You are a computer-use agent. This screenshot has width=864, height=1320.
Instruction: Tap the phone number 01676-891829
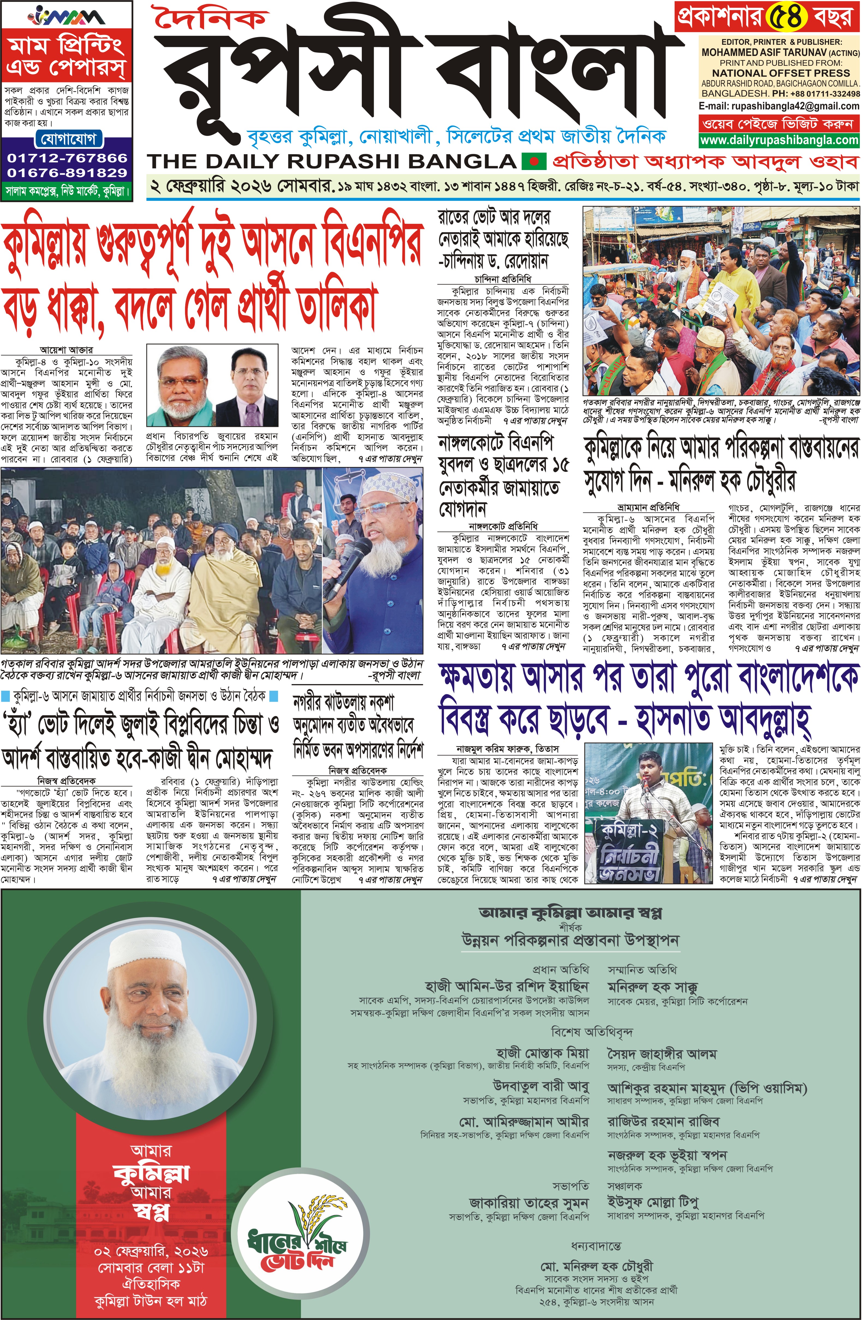[x=67, y=172]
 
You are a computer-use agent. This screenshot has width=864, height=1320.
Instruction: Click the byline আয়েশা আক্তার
[x=66, y=350]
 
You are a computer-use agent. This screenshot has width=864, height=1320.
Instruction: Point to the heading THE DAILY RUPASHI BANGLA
[x=332, y=161]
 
